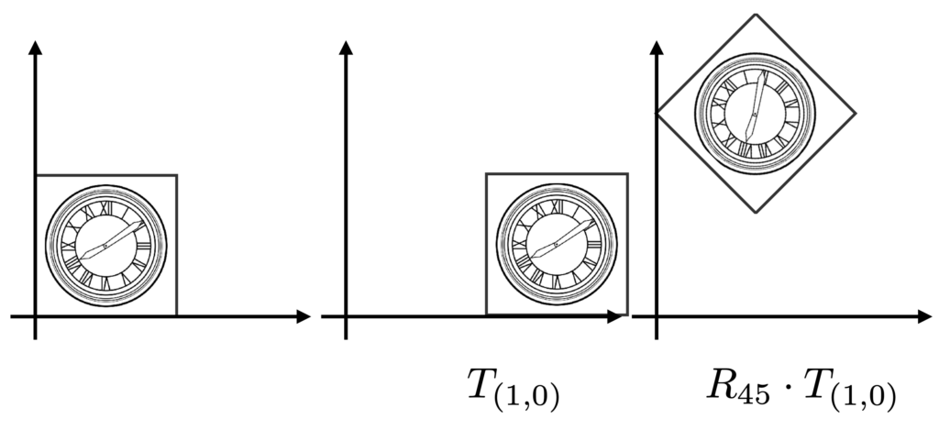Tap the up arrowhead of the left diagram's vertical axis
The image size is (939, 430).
coord(36,47)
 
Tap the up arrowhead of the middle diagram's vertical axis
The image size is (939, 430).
coord(346,47)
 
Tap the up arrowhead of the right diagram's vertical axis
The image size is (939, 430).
coord(657,47)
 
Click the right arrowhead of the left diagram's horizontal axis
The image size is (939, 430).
coord(304,316)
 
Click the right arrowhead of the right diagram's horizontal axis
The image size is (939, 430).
coord(925,316)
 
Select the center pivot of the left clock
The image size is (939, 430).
coord(105,246)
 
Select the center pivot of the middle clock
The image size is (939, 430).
coord(556,245)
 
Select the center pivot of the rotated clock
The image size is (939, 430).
coord(755,114)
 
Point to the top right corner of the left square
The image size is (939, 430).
coord(177,175)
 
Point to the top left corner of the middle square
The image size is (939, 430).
coord(486,173)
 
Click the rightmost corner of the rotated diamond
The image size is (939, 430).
coord(856,113)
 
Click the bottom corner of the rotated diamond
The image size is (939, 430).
coord(756,212)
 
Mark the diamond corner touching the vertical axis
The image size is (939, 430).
coord(657,113)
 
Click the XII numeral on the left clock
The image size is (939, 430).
coord(106,207)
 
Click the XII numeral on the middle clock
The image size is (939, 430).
coord(557,206)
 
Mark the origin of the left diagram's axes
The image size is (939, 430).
coord(36,316)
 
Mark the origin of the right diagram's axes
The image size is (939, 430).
coord(657,316)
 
